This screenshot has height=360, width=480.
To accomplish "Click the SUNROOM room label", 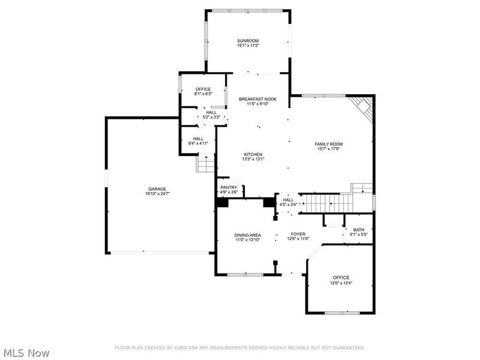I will click(248, 41).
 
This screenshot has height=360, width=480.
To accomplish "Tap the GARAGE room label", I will click(157, 189).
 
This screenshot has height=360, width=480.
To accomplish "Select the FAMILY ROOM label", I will click(328, 144).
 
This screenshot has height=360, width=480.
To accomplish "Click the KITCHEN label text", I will click(253, 154).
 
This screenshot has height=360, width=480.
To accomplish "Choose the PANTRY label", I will click(229, 187).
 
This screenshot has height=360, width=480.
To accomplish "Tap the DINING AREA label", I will click(247, 235).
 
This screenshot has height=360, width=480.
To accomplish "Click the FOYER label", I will click(298, 235).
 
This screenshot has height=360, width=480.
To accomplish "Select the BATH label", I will click(358, 230).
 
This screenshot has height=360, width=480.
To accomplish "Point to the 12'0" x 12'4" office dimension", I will click(341, 283).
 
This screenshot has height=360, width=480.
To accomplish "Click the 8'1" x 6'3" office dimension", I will click(203, 94).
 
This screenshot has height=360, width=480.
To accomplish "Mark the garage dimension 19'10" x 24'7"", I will click(157, 194).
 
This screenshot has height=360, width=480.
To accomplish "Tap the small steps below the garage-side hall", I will click(206, 163).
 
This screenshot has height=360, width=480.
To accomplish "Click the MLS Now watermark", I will click(26, 353).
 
